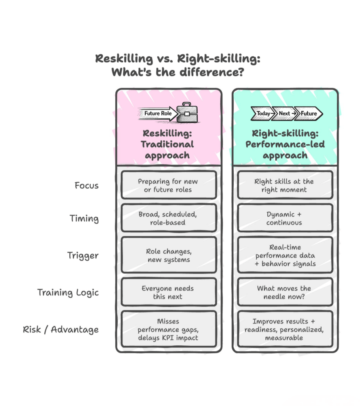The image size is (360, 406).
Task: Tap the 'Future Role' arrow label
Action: click(157, 113)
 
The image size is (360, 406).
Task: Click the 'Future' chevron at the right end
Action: click(308, 113)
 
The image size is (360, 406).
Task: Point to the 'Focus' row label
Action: click(87, 185)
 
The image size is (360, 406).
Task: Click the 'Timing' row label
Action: click(84, 218)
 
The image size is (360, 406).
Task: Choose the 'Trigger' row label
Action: click(83, 255)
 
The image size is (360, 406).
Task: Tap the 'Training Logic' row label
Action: click(68, 293)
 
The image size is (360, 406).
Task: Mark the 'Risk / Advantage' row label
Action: click(61, 329)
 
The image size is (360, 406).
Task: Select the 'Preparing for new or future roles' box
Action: click(168, 185)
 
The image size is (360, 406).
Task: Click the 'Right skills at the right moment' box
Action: click(284, 185)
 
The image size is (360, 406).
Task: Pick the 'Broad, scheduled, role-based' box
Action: click(168, 218)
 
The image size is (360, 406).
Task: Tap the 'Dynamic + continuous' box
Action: click(284, 218)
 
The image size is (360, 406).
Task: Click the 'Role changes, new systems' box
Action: click(168, 255)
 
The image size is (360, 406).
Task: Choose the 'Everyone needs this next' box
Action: click(168, 292)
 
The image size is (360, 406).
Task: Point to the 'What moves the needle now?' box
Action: click(284, 292)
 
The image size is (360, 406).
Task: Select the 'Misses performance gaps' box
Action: click(168, 329)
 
